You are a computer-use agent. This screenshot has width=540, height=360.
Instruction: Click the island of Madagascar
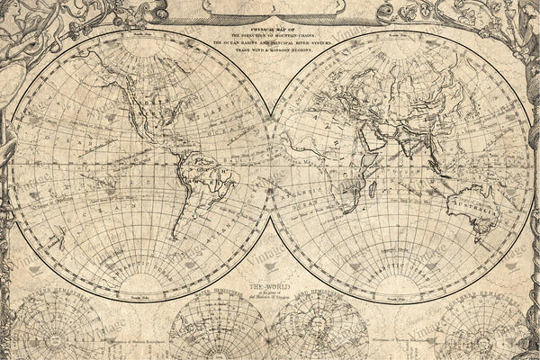tap(372, 192)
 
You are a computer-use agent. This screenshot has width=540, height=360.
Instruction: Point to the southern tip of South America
tap(184, 236)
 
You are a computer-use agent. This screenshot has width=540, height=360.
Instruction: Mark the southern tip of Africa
tap(344, 209)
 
